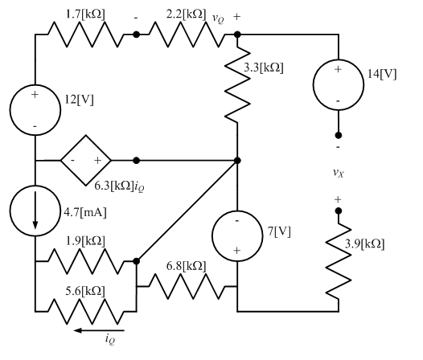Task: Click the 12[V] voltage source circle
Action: (35, 108)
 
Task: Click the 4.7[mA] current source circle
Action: (35, 213)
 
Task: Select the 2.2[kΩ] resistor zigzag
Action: (187, 35)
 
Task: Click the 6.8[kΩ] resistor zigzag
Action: (187, 286)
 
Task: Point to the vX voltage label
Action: (339, 173)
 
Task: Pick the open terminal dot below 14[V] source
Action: (339, 135)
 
